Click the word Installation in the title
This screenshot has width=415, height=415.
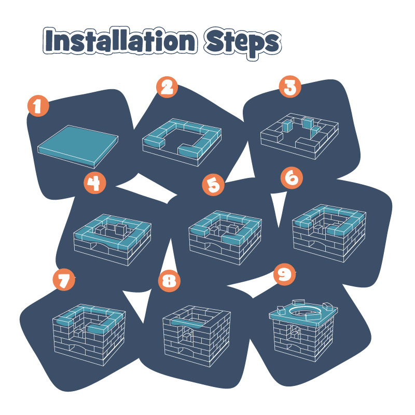[x=120, y=40]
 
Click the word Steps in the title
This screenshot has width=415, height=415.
[x=243, y=43]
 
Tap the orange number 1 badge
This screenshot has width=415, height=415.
[x=38, y=106]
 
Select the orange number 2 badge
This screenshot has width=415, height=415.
[x=167, y=87]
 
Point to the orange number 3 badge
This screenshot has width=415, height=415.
[x=290, y=87]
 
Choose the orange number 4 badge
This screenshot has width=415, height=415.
[x=95, y=183]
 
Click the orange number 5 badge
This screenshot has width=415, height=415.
[x=213, y=185]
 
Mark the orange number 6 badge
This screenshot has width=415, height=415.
[x=292, y=177]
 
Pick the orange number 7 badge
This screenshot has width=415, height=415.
[x=64, y=280]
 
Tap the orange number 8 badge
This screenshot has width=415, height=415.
[x=169, y=281]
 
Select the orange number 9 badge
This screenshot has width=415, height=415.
[x=284, y=274]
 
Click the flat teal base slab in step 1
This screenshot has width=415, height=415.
[x=78, y=146]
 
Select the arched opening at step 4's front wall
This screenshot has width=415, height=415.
[x=99, y=245]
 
